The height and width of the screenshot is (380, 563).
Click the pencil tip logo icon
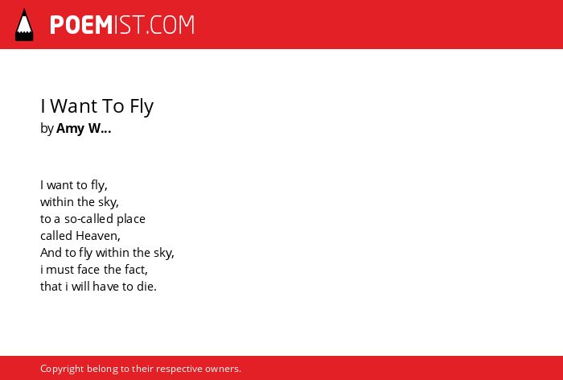click(24, 25)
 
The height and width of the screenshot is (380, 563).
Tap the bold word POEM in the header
click(81, 25)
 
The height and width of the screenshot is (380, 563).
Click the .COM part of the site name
click(171, 25)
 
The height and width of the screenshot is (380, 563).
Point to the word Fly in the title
click(142, 106)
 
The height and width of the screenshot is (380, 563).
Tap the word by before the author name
click(47, 129)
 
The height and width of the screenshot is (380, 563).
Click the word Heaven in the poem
click(97, 236)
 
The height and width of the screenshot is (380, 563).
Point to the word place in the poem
click(131, 219)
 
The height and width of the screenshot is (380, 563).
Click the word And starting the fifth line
click(51, 253)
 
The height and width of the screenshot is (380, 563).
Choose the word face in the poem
click(88, 269)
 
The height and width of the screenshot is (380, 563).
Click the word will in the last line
click(80, 287)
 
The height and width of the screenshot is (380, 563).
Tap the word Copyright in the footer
click(62, 370)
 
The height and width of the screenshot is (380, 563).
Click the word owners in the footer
click(221, 370)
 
